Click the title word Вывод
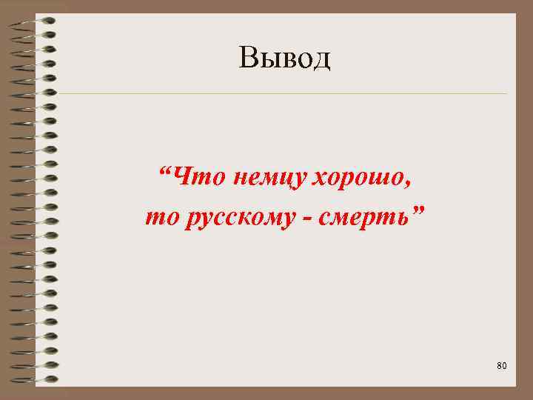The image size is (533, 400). click(285, 57)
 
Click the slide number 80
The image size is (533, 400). click(502, 366)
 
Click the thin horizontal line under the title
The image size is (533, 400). click(281, 94)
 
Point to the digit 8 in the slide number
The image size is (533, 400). click(500, 366)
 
